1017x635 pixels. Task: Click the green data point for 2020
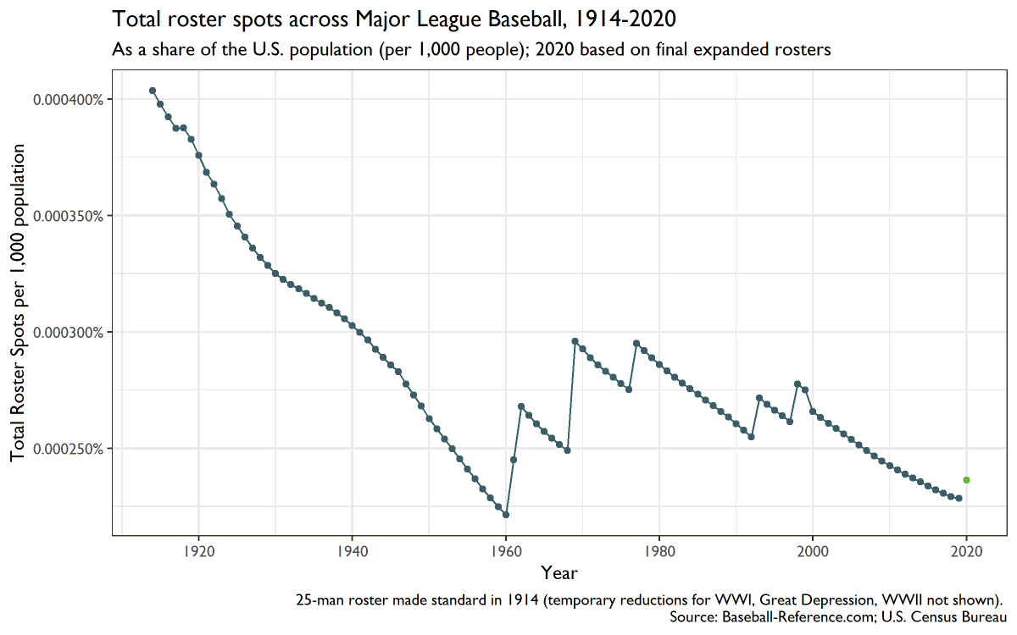click(966, 480)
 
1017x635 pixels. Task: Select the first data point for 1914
click(153, 91)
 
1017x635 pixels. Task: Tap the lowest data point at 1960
click(506, 515)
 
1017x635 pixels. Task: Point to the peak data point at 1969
click(575, 341)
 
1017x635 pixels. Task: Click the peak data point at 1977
click(636, 343)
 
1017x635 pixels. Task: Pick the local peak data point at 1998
click(797, 384)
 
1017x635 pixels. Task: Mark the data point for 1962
click(521, 406)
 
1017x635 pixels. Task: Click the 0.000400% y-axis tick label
click(69, 100)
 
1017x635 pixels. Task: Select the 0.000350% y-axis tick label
click(69, 216)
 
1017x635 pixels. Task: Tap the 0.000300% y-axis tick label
click(69, 332)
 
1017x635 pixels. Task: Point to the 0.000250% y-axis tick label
click(69, 448)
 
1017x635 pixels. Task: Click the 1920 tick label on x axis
click(198, 549)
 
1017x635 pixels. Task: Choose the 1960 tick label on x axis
click(506, 549)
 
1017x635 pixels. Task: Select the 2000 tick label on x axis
click(813, 549)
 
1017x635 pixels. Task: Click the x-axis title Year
click(559, 573)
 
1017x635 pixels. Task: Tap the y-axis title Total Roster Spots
click(19, 302)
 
